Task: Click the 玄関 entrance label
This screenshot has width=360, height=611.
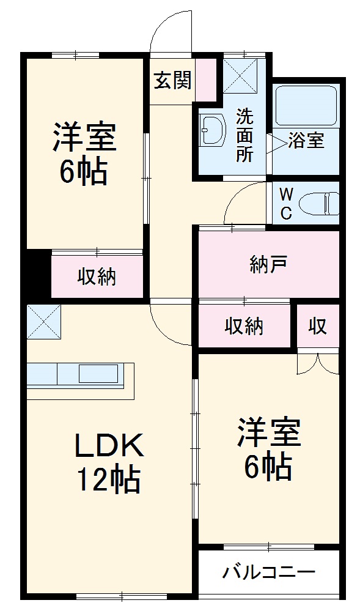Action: click(x=172, y=80)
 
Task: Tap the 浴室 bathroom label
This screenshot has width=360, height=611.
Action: click(x=306, y=141)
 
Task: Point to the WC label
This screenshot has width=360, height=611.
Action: click(x=285, y=204)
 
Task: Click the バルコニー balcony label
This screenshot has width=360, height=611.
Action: click(x=269, y=573)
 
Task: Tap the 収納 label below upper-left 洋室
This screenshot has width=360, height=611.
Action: click(x=97, y=277)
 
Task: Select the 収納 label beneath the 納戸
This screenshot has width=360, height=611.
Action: click(x=244, y=327)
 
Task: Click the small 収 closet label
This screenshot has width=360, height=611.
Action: click(x=317, y=327)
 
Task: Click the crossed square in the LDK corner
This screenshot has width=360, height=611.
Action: click(x=44, y=321)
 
